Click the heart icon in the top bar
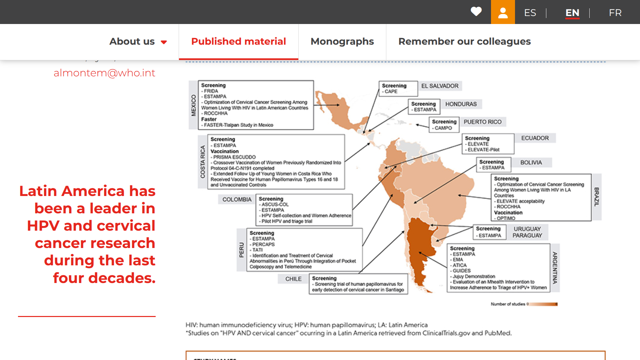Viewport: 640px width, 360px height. [476, 12]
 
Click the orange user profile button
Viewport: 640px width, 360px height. [503, 12]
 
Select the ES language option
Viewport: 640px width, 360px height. [530, 13]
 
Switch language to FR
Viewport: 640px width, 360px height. [615, 13]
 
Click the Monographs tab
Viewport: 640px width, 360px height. [342, 41]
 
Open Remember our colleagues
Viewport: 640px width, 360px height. [464, 41]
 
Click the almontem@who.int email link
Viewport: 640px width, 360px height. [104, 73]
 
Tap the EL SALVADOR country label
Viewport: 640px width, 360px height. [440, 86]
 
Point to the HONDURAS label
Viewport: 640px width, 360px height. [461, 104]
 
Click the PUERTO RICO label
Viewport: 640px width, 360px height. [482, 122]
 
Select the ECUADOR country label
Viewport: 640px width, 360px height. [535, 138]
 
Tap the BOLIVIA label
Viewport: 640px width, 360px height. [531, 163]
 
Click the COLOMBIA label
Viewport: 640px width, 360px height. [237, 199]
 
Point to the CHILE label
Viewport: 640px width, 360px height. [293, 279]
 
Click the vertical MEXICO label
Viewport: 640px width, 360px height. [193, 105]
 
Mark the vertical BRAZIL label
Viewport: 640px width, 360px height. [597, 197]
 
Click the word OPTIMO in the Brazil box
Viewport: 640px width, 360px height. [506, 218]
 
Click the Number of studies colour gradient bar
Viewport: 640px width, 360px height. [543, 304]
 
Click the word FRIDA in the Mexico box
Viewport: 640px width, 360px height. [211, 91]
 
